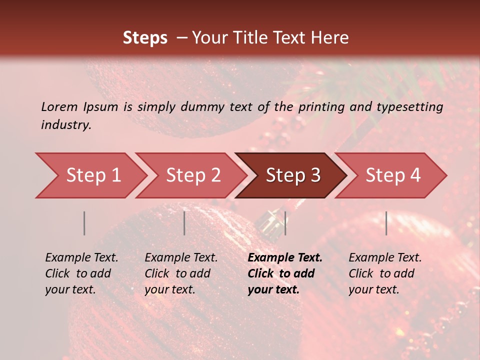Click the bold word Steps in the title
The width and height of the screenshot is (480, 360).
(145, 38)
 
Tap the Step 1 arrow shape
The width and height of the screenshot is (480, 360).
(93, 175)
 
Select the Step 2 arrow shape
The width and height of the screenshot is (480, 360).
(193, 175)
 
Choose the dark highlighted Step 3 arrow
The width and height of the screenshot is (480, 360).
(292, 175)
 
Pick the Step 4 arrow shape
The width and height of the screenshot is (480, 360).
(392, 175)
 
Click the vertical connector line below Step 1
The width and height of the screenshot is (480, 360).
(84, 223)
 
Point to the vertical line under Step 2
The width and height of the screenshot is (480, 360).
(184, 223)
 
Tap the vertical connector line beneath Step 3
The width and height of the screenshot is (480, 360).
(285, 223)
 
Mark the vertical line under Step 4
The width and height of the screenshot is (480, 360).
(386, 223)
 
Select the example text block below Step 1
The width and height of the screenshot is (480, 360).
(81, 273)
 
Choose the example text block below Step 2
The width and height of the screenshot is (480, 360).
(181, 273)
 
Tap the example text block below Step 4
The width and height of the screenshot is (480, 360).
(385, 273)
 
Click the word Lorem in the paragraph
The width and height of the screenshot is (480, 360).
(59, 106)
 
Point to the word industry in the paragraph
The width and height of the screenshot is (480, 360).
(65, 125)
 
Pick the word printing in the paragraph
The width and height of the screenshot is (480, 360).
(327, 106)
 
